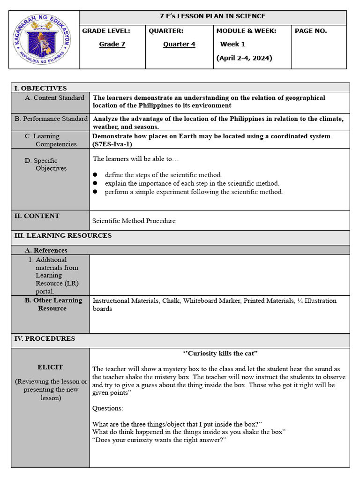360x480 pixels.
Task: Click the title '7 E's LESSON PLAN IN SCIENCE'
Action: click(x=212, y=16)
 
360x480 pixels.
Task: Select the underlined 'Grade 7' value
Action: click(x=112, y=45)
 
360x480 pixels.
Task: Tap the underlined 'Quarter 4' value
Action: click(x=179, y=45)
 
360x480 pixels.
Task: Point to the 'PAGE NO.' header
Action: click(x=311, y=31)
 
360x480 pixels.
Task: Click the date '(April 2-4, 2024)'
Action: click(x=244, y=58)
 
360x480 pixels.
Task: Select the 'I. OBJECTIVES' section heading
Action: click(x=41, y=88)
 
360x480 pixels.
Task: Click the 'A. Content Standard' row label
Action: click(x=54, y=98)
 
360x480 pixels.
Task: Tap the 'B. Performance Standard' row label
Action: click(x=51, y=119)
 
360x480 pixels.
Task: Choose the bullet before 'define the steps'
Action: click(x=95, y=175)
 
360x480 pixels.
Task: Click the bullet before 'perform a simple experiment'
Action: click(x=95, y=192)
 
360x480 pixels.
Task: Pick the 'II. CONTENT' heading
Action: click(x=37, y=216)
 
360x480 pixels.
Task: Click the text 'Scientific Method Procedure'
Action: click(x=134, y=221)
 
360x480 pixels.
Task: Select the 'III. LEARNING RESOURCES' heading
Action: click(x=63, y=236)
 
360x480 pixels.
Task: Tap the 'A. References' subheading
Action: click(x=46, y=250)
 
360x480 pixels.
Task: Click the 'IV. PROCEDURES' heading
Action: click(x=45, y=338)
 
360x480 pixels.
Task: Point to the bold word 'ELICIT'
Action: click(x=50, y=367)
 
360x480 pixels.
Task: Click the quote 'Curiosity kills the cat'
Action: click(x=220, y=353)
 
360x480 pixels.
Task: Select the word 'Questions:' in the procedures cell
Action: click(x=108, y=408)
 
